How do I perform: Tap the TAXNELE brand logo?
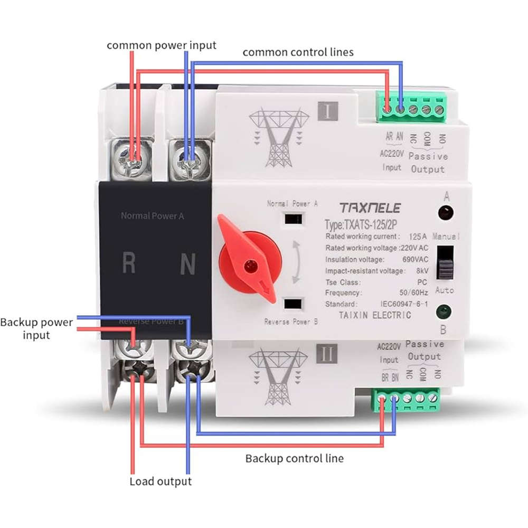click(x=370, y=208)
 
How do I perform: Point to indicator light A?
click(x=447, y=213)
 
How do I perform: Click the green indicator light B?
click(x=444, y=313)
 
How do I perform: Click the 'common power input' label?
click(x=162, y=45)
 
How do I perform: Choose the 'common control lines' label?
click(x=298, y=52)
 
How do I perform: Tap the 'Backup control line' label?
click(x=294, y=458)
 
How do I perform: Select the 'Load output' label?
click(x=161, y=482)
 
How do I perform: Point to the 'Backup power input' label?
click(x=36, y=328)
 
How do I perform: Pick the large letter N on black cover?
click(x=188, y=264)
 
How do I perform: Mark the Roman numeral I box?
click(x=328, y=111)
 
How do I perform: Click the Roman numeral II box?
click(x=327, y=354)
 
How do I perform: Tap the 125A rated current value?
click(x=419, y=236)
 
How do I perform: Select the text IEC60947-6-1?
click(x=403, y=304)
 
